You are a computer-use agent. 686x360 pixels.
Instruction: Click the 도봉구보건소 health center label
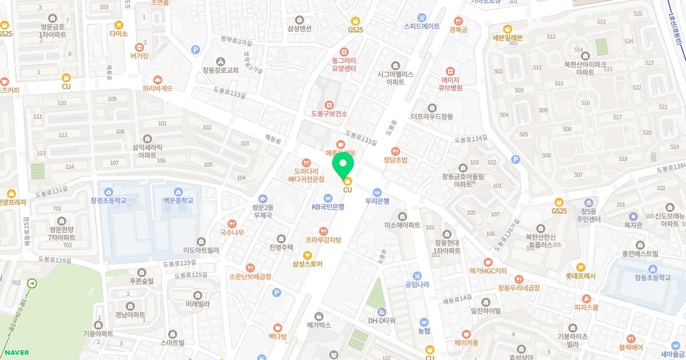329,113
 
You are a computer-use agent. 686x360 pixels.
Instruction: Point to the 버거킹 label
139,56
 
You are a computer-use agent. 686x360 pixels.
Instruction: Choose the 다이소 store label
119,33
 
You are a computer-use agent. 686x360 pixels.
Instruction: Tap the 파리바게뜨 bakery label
157,88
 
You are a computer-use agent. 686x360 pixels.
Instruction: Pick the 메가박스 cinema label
319,325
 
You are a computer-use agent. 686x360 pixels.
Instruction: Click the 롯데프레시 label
580,275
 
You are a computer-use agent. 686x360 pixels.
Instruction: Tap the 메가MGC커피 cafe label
488,270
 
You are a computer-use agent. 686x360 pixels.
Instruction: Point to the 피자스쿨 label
586,307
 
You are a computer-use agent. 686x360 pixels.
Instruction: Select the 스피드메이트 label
421,26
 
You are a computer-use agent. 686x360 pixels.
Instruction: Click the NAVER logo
15,353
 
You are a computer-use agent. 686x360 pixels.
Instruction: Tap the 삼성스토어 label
308,263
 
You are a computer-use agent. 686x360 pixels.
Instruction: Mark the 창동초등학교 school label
652,277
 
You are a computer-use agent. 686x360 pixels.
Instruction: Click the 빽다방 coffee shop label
277,336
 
